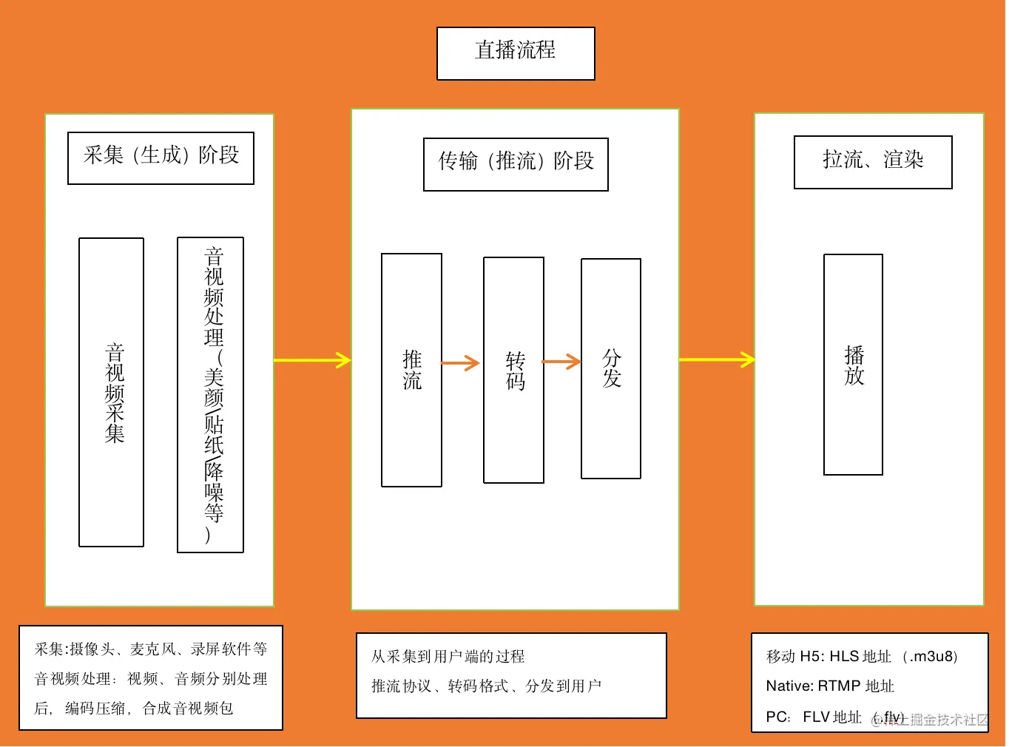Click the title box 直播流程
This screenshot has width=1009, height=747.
516,53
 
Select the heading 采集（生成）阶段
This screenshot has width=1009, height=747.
161,155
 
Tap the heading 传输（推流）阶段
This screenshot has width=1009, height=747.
516,160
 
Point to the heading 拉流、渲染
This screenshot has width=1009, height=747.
873,159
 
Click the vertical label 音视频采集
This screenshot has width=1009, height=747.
114,393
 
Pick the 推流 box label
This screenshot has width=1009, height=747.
412,369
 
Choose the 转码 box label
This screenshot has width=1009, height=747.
515,371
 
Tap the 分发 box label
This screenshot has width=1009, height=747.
612,368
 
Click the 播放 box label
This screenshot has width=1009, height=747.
854,365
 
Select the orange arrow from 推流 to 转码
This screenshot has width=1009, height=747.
460,362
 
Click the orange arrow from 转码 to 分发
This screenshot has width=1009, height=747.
561,362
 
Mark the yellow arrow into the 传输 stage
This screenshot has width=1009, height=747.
312,360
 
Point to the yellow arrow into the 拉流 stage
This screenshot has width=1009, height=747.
717,359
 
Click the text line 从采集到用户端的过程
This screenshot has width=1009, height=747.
448,656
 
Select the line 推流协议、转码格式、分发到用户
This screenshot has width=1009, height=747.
486,686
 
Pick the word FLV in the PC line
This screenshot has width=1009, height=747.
816,717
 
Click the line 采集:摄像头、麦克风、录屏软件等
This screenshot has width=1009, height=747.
151,649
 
